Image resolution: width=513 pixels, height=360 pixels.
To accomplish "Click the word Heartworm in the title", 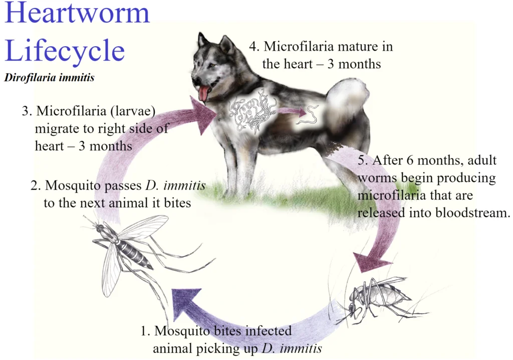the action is tap(77, 13).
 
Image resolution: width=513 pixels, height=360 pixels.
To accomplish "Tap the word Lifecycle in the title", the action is tap(65, 50).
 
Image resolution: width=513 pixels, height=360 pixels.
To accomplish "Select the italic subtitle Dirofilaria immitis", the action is tap(50, 78).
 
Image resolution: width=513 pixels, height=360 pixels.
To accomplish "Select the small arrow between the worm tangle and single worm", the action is tap(292, 112).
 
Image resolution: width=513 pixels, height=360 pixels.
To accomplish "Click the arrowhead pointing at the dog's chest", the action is tap(202, 115).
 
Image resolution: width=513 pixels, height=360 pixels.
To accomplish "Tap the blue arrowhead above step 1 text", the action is tap(185, 302).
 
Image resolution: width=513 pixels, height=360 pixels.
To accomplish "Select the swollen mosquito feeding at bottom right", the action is tap(380, 299).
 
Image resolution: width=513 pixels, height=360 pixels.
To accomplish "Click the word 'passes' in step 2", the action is tap(123, 186).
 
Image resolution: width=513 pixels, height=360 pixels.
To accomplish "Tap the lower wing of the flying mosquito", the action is tap(111, 271).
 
